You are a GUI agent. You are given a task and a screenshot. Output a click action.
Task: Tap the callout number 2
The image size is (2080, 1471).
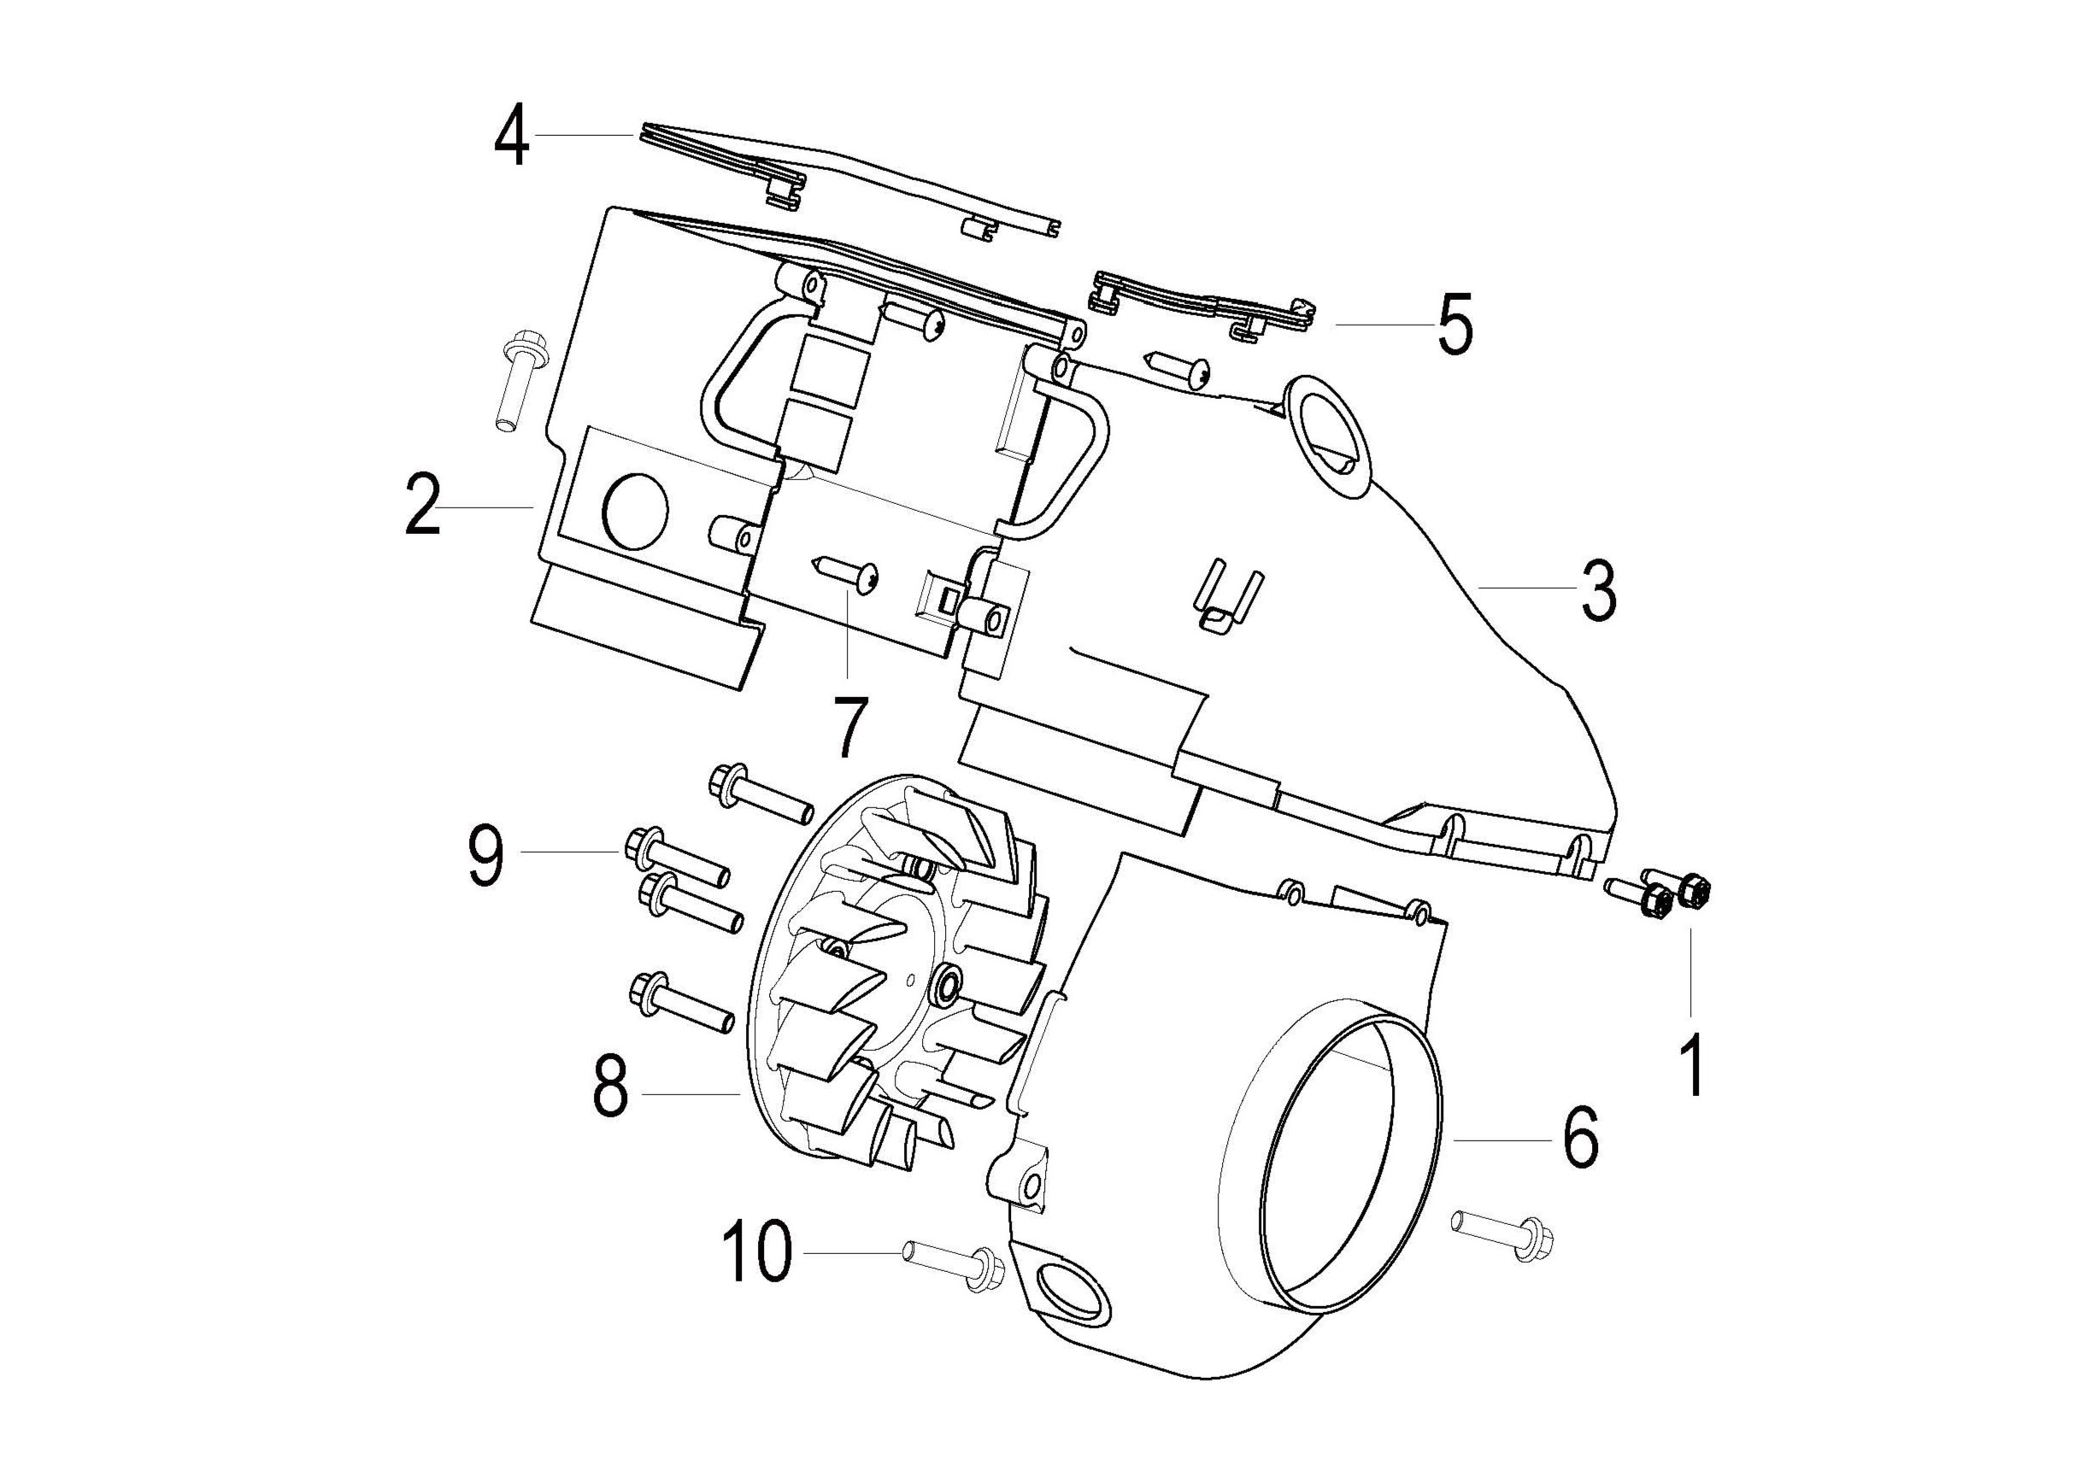click(x=422, y=507)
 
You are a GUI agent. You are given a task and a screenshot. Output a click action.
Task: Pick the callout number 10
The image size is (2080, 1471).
click(x=756, y=1251)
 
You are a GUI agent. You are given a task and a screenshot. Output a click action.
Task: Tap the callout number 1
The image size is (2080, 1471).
click(x=1691, y=1067)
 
